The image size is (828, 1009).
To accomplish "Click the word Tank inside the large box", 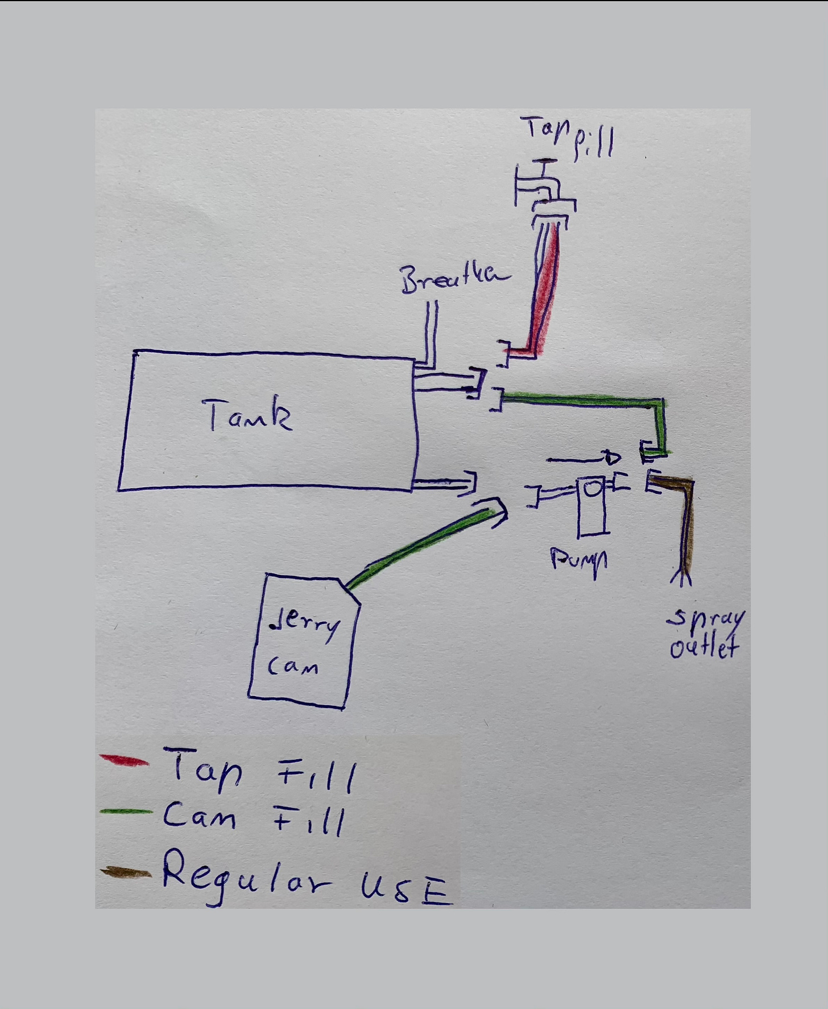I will pyautogui.click(x=247, y=415).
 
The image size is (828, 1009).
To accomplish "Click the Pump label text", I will pyautogui.click(x=578, y=560).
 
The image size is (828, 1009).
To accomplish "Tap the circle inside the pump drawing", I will pyautogui.click(x=593, y=489).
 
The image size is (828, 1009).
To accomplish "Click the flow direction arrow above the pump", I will pyautogui.click(x=583, y=458).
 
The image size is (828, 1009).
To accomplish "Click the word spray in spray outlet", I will pyautogui.click(x=705, y=618).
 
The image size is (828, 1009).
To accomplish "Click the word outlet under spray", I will pyautogui.click(x=704, y=647).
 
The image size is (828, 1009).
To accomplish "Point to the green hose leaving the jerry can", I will pyautogui.click(x=421, y=546).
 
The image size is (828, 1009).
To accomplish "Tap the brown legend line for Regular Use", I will pyautogui.click(x=125, y=872).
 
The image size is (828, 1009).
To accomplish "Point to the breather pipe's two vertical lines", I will pyautogui.click(x=432, y=333).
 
